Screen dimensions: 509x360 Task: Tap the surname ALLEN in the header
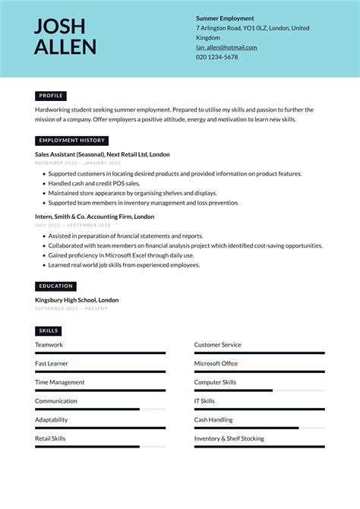tap(65, 48)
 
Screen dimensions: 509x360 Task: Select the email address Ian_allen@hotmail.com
tap(226, 47)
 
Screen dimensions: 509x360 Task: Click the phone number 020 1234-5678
tap(216, 57)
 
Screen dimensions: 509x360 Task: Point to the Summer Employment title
tap(225, 18)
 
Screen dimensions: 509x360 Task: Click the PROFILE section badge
tap(51, 96)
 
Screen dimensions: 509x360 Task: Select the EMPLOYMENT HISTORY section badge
tap(71, 141)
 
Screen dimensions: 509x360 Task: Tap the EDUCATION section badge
tap(55, 286)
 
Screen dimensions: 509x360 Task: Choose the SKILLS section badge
tap(48, 331)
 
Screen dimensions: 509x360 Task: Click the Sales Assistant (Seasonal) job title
tap(102, 154)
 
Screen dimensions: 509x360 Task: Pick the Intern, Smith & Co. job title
tap(94, 217)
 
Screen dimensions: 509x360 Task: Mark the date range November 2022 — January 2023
tap(77, 163)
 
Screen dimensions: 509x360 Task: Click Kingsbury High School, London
tap(77, 300)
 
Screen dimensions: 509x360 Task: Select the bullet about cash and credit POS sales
tap(94, 183)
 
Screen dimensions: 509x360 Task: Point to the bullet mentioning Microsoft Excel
tap(121, 255)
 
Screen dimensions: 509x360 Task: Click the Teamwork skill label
tap(49, 345)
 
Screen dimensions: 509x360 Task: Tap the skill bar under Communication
tap(99, 409)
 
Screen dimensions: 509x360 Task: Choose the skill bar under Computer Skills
tap(259, 390)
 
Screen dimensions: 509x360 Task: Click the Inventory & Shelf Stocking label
tap(229, 438)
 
